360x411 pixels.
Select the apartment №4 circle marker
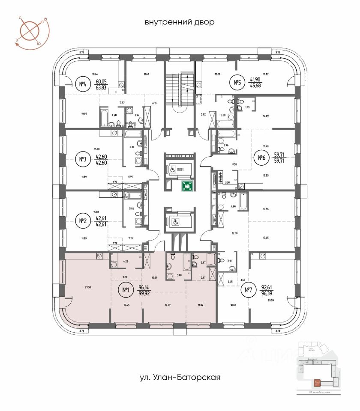pos(83,84)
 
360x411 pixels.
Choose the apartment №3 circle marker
pos(83,160)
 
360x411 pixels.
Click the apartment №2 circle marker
pos(83,221)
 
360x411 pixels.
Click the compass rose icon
pos(30,30)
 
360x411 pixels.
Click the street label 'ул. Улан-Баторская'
pos(180,378)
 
